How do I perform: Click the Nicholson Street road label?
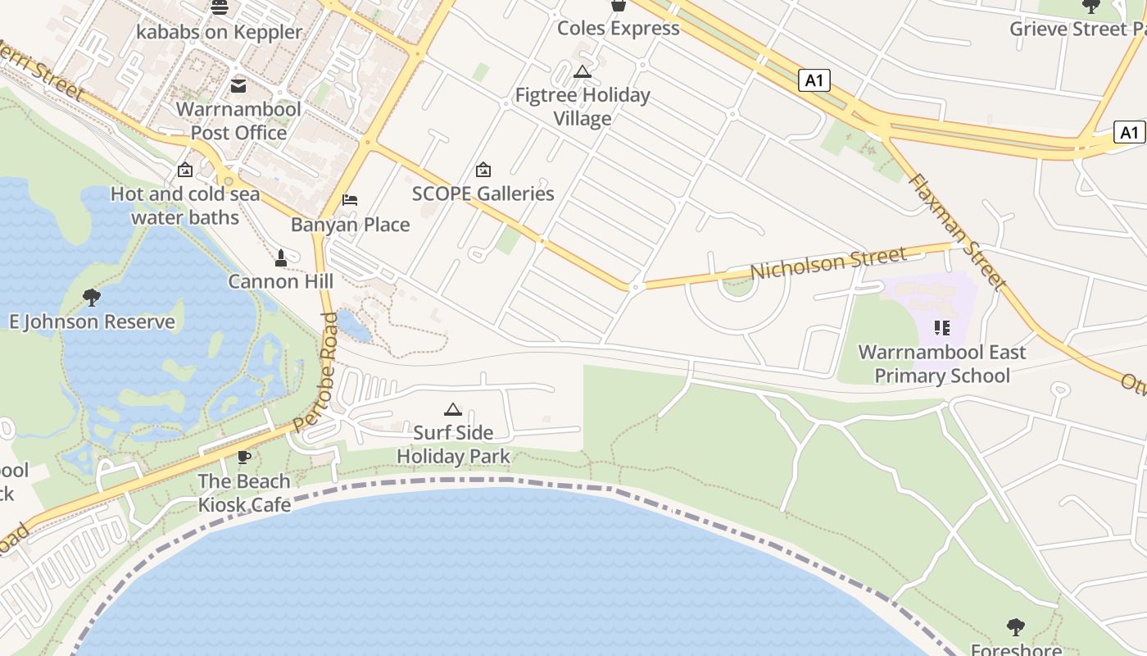[828, 263]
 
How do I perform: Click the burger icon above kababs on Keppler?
[220, 8]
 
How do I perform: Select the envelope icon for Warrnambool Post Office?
[238, 85]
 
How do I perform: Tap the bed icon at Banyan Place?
[350, 200]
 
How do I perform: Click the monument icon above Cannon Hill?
[281, 257]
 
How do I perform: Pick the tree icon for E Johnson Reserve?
[92, 297]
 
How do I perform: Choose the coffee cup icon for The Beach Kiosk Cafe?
[243, 457]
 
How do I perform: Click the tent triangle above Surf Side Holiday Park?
[453, 408]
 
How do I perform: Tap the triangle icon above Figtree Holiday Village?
[583, 71]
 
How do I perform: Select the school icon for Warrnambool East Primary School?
[942, 328]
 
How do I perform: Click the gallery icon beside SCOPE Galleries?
[483, 170]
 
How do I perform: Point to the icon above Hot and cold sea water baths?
[185, 171]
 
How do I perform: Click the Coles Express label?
[619, 28]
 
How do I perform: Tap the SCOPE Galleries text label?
[483, 194]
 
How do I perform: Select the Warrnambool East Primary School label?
[942, 364]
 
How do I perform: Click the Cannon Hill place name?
[281, 281]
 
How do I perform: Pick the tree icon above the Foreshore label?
[1016, 627]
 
